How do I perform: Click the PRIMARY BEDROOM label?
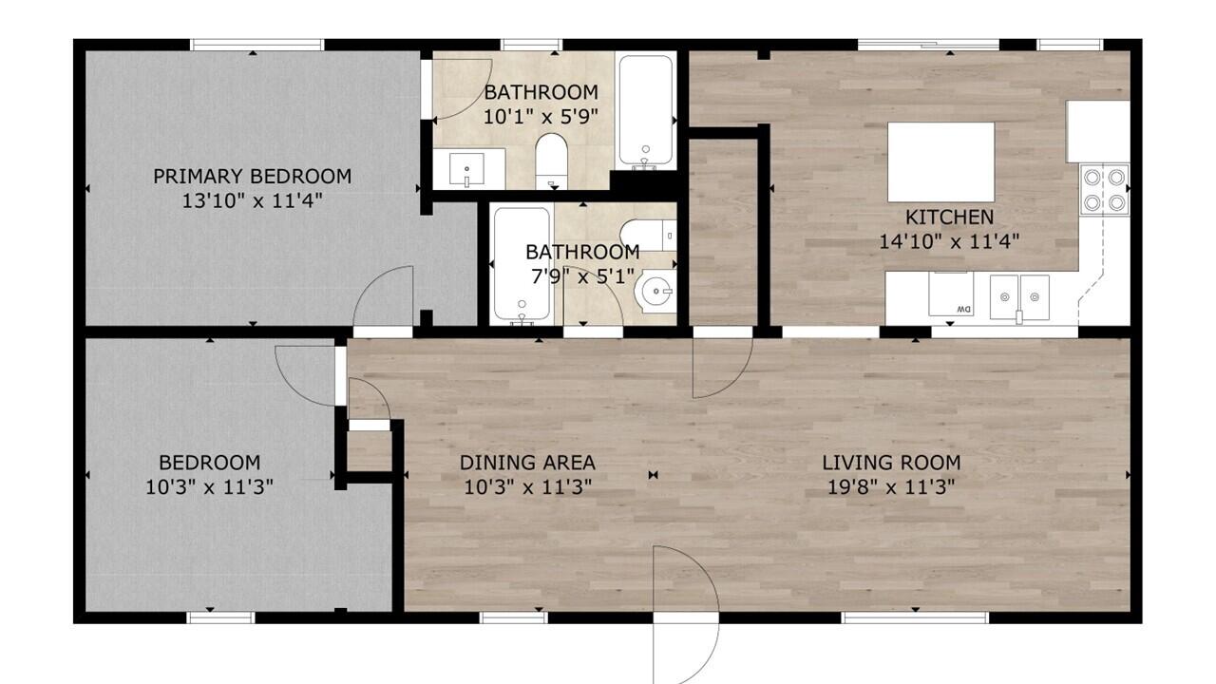coord(252,176)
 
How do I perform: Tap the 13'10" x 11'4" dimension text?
coord(252,200)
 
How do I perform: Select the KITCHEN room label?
coord(949,217)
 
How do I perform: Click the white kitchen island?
coord(940,161)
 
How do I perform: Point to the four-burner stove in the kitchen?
coord(1104,189)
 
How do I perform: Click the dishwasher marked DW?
coord(953,294)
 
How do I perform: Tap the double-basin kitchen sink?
coord(1018,297)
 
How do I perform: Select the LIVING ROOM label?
coord(891,463)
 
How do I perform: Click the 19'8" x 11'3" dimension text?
coord(891,487)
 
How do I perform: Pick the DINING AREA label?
coord(527,463)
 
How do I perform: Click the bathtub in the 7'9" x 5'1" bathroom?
coord(522,264)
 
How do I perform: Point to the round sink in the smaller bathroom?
coord(657,292)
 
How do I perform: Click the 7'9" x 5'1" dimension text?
coord(582,277)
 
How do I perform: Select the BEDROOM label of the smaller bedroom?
coord(209,463)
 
